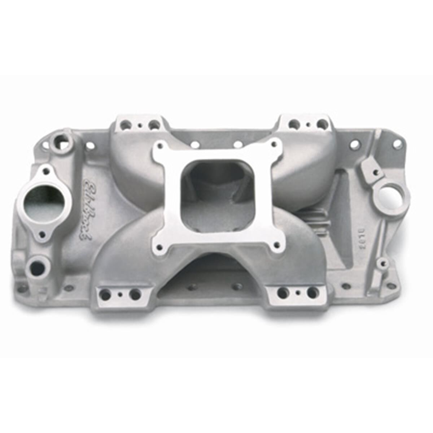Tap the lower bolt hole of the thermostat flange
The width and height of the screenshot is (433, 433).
[43, 235]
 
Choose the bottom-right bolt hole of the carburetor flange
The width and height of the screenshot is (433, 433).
[276, 245]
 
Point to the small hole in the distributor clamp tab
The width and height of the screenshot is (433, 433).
[376, 172]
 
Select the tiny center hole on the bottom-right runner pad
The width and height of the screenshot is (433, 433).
[297, 293]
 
